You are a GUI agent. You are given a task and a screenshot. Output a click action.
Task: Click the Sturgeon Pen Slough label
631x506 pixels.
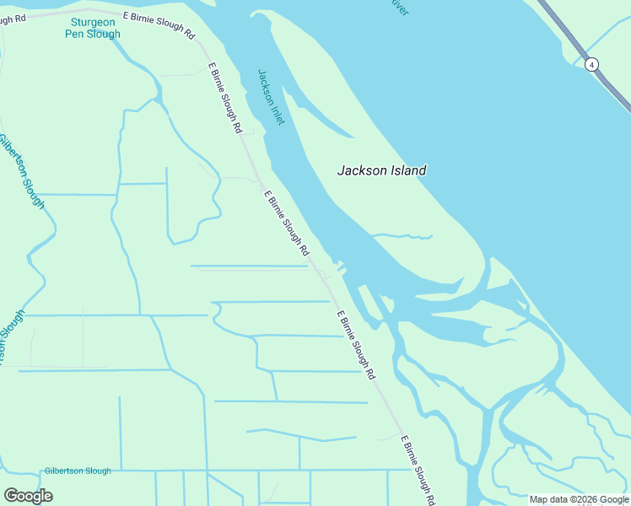(93, 28)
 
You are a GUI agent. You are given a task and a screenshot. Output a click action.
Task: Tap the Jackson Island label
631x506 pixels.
(381, 170)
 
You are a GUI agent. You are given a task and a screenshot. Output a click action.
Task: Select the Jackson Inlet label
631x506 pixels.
(271, 97)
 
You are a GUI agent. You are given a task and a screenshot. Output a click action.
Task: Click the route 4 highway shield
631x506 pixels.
(593, 64)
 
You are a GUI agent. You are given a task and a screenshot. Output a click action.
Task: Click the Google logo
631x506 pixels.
(28, 495)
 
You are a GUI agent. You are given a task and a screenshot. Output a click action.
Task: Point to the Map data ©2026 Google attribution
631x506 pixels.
(580, 499)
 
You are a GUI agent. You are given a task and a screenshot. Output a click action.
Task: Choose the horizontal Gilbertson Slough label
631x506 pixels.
(78, 471)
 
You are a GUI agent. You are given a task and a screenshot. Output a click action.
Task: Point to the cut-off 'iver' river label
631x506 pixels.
(399, 8)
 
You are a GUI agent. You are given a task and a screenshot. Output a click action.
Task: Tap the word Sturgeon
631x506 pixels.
(92, 22)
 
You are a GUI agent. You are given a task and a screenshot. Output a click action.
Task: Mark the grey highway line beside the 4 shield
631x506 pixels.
(612, 84)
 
